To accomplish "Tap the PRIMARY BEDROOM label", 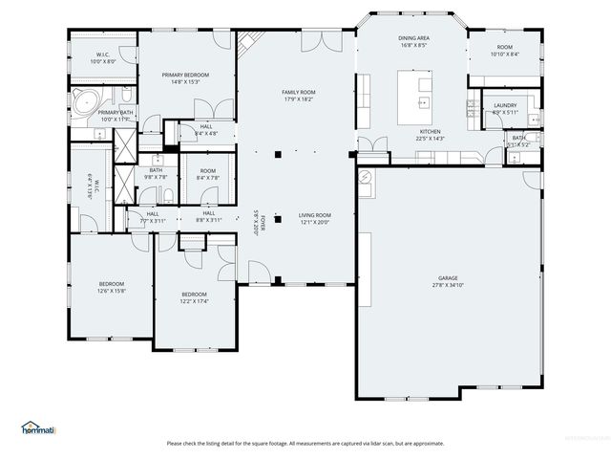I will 185,75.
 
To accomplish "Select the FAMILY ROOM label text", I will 298,92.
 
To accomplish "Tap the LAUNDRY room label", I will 505,105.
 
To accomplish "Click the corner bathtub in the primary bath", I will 84,101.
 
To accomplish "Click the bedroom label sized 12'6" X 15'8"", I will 112,283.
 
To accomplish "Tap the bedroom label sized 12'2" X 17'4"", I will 195,294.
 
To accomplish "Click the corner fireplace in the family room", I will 250,42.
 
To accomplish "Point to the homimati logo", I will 38,427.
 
